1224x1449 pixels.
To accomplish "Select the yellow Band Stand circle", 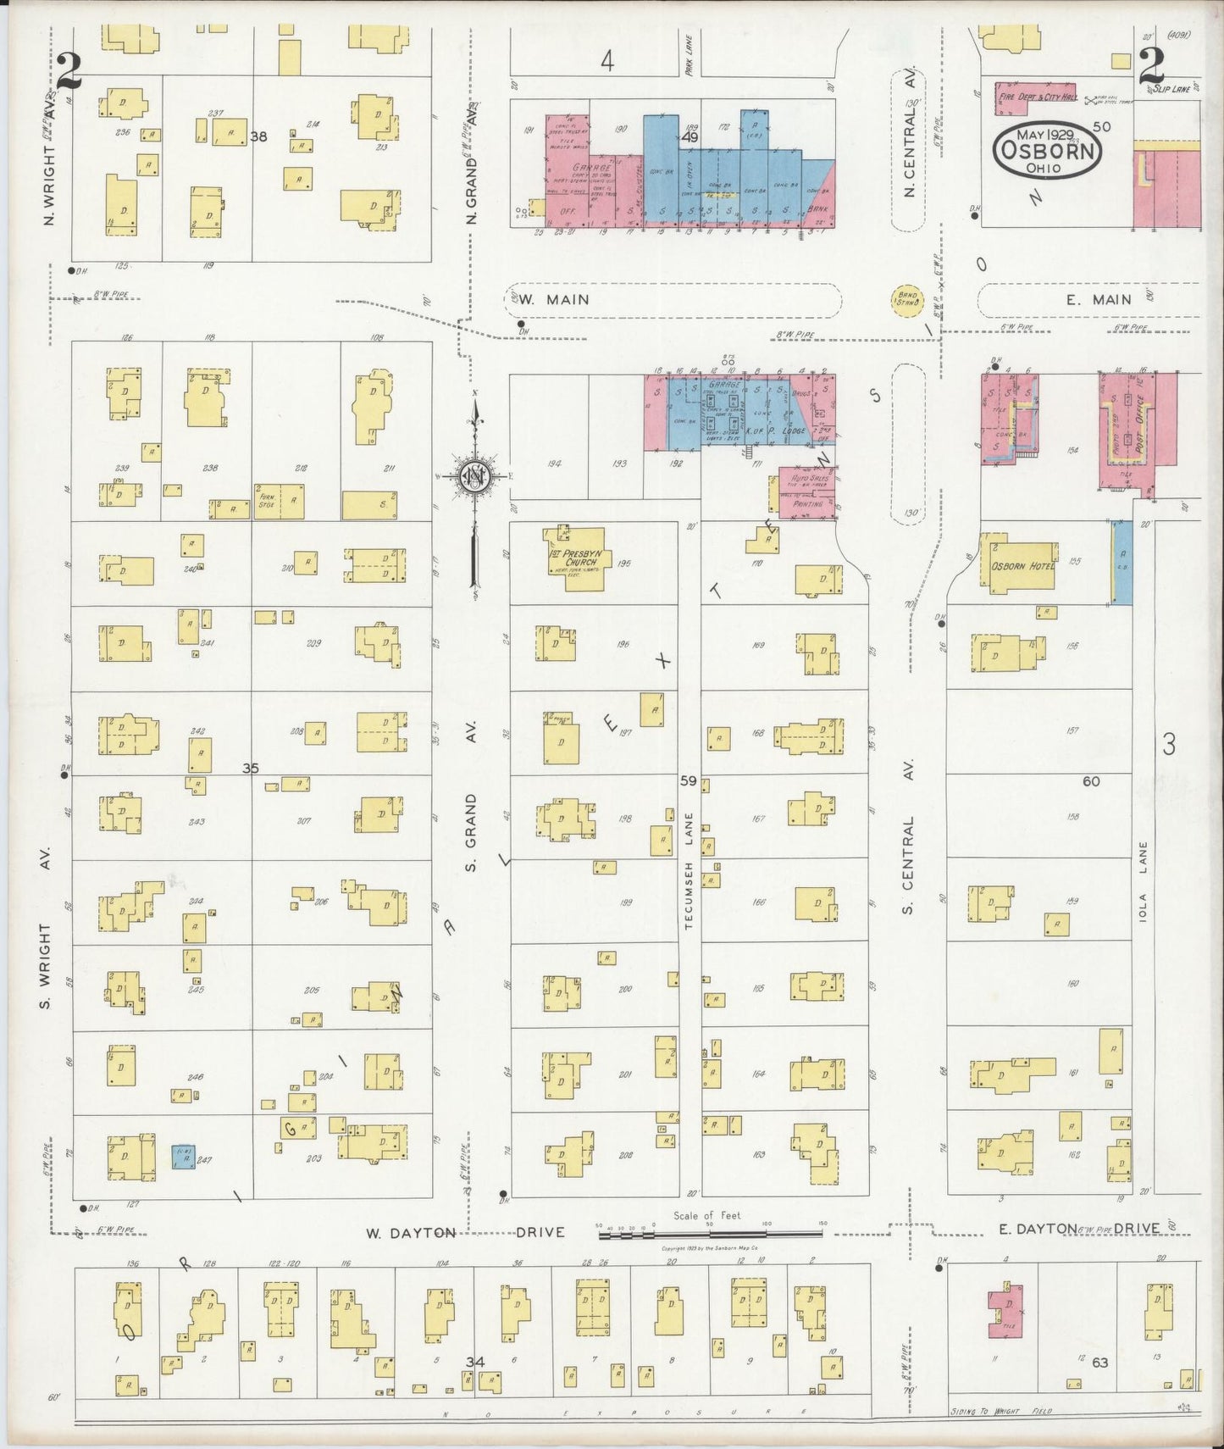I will pyautogui.click(x=906, y=299).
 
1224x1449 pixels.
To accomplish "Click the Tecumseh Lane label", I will pyautogui.click(x=690, y=870).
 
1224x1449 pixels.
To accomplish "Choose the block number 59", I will pyautogui.click(x=688, y=780).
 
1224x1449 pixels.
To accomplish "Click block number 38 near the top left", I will pyautogui.click(x=258, y=136).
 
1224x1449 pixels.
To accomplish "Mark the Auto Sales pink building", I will pyautogui.click(x=806, y=491).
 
